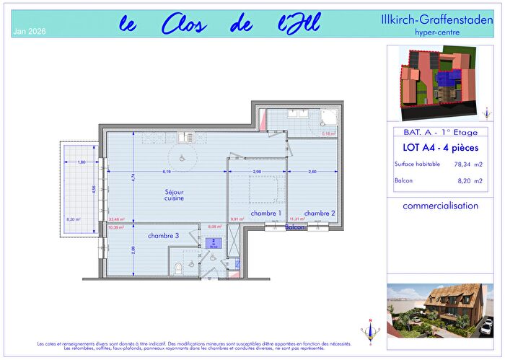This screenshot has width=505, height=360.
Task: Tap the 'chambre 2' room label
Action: tap(319, 214)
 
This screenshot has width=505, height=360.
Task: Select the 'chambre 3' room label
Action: tap(164, 236)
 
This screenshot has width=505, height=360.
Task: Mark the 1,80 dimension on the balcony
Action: tap(82, 162)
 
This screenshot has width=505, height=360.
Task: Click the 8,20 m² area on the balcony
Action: tap(74, 219)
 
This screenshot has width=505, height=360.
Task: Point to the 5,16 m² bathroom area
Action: tap(328, 133)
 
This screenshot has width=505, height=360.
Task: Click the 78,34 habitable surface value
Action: tap(462, 164)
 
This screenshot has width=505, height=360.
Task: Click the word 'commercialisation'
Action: tap(440, 206)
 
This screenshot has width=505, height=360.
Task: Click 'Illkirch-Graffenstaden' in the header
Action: tap(440, 19)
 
